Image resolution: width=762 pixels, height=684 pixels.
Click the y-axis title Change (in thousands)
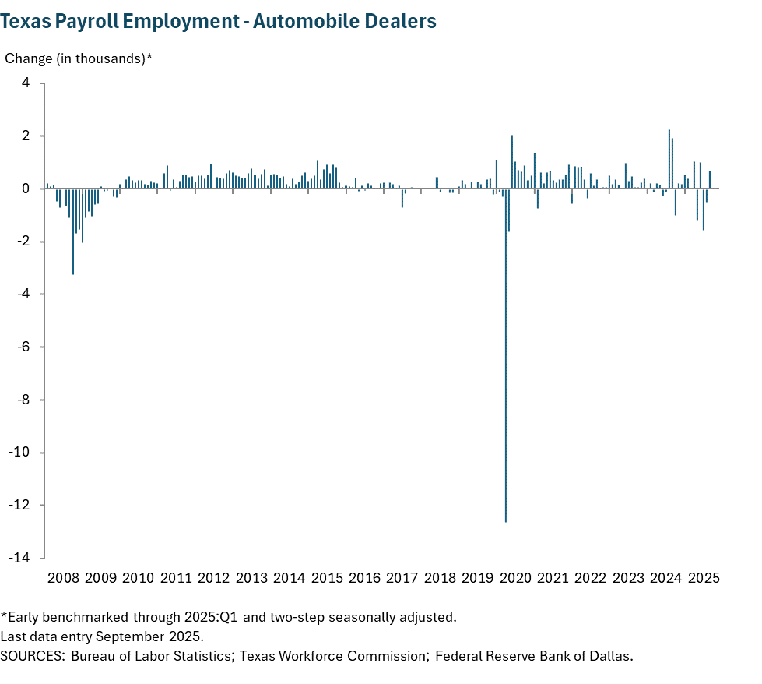point(79,59)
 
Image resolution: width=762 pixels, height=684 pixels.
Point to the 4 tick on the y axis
point(25,83)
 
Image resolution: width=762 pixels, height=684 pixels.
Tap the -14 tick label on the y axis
point(19,559)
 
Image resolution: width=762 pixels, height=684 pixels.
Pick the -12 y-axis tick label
point(19,506)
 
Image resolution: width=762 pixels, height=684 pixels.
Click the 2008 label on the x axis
point(63,578)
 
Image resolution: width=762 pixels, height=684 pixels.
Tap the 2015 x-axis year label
point(327,578)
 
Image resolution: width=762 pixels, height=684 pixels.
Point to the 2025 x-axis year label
point(704,578)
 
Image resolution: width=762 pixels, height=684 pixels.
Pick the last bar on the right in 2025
point(710,180)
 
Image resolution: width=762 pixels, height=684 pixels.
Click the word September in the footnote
point(129,636)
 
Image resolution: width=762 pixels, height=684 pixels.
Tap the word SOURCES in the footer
point(32,655)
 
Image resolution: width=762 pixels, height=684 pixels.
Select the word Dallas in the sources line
point(612,655)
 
